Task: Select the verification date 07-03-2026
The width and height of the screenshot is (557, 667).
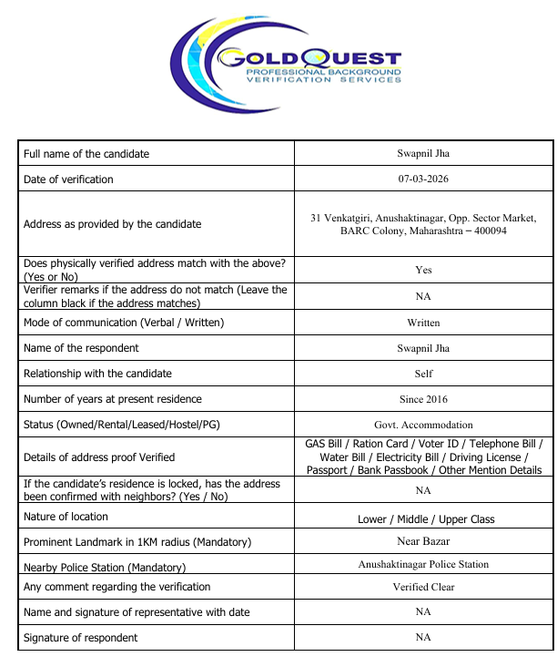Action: tap(423, 179)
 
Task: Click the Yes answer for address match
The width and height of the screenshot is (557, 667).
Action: tap(423, 270)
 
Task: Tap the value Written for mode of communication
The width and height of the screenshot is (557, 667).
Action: tap(423, 323)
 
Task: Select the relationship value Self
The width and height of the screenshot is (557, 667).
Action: tap(423, 374)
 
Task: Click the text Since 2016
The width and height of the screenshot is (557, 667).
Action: tap(423, 399)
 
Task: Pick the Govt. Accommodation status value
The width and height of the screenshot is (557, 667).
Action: tap(423, 425)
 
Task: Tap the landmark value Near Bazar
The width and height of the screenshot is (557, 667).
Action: tap(423, 542)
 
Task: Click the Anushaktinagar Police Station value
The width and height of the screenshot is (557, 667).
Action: tap(423, 564)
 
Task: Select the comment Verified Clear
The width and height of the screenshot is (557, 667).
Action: tap(423, 587)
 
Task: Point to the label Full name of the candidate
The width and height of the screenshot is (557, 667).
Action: tap(86, 154)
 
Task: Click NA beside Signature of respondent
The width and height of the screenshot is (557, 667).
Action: tap(423, 637)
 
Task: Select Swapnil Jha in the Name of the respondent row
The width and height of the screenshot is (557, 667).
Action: tap(423, 348)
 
